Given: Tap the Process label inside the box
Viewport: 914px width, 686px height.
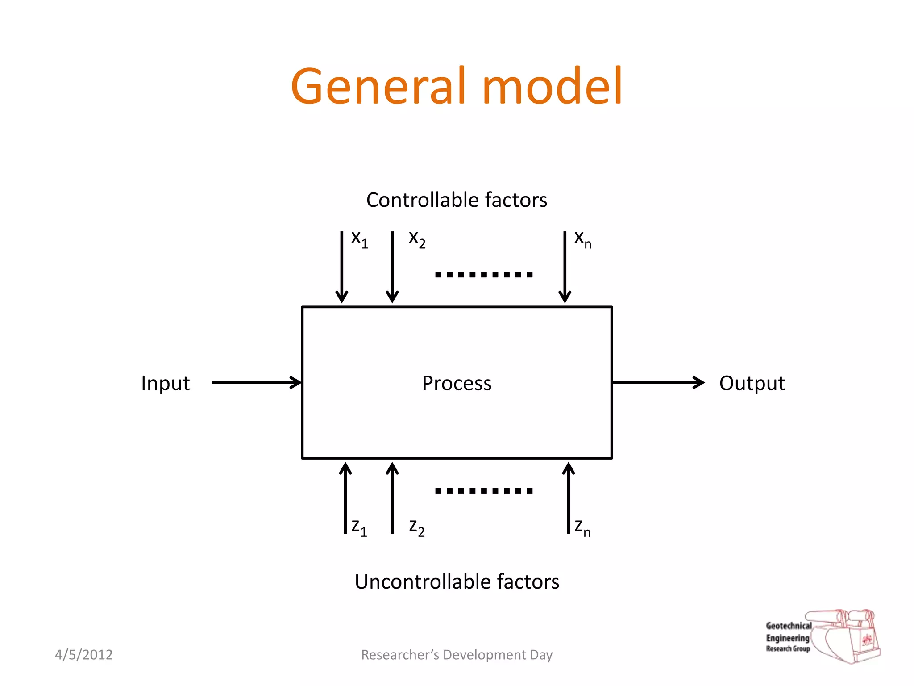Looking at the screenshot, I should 457,383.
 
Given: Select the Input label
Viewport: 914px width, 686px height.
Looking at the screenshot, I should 165,383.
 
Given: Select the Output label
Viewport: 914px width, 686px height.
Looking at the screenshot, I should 752,383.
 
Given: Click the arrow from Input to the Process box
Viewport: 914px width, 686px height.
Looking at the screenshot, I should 257,382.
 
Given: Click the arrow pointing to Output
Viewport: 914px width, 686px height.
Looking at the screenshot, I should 658,382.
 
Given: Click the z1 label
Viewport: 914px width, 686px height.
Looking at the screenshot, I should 359,527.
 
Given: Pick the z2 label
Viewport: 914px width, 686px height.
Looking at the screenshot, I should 417,527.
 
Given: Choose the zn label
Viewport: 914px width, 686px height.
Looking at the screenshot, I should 582,527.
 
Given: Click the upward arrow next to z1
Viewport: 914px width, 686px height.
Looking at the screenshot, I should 345,498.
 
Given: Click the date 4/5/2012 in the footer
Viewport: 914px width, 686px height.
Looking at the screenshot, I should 83,654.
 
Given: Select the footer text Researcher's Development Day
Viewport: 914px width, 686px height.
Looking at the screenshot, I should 457,654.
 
